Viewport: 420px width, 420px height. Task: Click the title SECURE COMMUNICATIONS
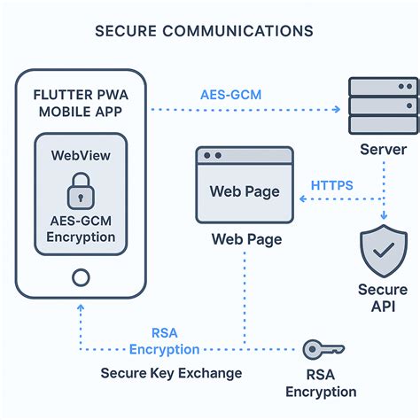coord(203,31)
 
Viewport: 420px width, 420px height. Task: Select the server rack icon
coord(384,105)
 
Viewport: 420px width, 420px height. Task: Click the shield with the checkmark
coord(384,253)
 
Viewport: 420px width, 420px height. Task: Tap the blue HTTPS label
coord(332,186)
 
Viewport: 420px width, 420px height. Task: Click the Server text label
coord(383,149)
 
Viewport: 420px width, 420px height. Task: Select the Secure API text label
coord(383,299)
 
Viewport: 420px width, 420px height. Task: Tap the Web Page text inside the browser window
coord(243,191)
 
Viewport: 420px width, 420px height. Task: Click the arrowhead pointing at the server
coord(338,110)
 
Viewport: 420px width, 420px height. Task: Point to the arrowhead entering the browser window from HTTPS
coord(299,201)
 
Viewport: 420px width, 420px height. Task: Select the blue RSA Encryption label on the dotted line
coord(164,342)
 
